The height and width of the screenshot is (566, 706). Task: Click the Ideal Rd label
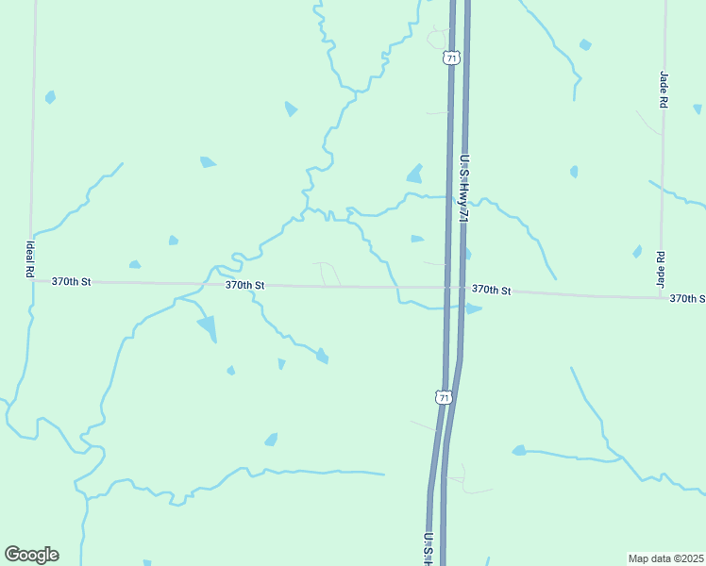30,258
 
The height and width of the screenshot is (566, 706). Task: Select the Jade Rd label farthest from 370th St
664,88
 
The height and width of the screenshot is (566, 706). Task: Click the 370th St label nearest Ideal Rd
72,281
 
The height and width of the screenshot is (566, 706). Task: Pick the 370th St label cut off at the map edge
686,298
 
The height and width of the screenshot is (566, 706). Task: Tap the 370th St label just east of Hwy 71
491,291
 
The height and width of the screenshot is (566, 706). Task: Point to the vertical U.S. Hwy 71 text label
463,189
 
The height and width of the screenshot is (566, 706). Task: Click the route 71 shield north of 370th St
452,58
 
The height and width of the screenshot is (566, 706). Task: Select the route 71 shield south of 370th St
443,398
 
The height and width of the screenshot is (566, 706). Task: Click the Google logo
31,554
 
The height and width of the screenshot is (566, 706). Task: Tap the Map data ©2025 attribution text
664,558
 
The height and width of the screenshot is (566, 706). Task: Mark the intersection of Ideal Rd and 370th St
32,280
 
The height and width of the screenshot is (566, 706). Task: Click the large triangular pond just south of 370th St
208,327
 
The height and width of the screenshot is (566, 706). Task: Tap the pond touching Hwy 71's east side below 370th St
473,308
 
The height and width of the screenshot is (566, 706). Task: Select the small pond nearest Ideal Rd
50,96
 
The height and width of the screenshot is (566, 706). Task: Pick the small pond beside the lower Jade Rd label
637,252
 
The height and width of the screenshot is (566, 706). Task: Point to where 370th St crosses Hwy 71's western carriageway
447,288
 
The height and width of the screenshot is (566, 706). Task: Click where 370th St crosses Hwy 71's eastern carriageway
462,289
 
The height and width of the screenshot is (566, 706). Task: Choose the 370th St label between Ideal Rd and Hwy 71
244,285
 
